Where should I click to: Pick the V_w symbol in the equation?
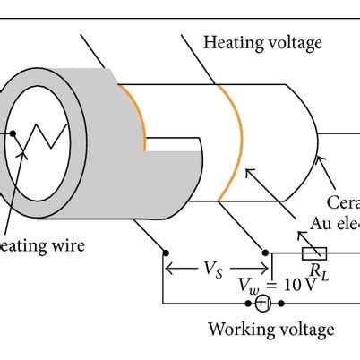point(247,286)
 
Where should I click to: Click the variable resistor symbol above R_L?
point(314,253)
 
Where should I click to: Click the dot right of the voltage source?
point(283,304)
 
